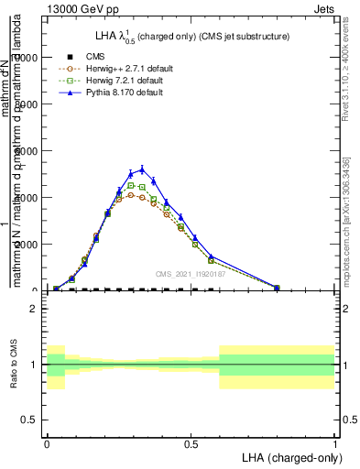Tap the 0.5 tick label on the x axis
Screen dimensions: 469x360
click(191, 442)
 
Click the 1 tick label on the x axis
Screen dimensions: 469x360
click(335, 442)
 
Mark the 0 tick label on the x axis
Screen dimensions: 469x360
click(47, 442)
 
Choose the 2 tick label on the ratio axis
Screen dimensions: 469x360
click(33, 309)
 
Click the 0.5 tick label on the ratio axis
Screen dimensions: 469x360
click(29, 420)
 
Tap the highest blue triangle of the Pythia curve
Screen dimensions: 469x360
click(141, 170)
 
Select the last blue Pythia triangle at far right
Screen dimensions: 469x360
click(277, 287)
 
